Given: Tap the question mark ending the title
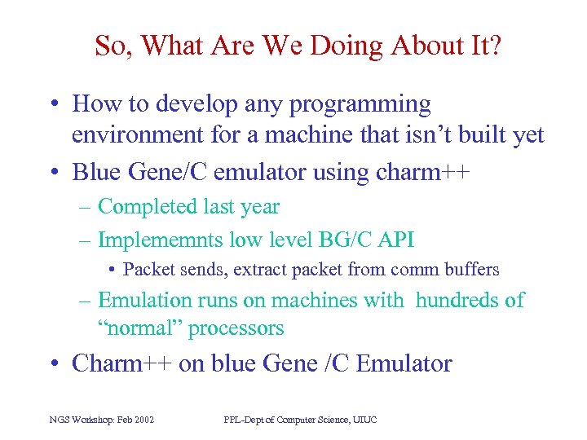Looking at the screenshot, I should click(x=494, y=46).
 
